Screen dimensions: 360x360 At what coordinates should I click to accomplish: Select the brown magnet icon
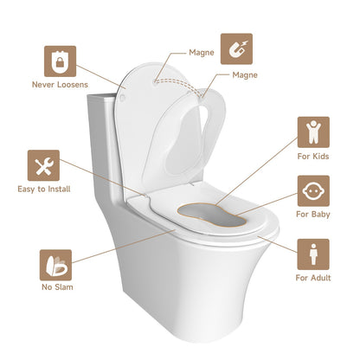(236, 49)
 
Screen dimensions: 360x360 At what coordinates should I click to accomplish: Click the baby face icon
(312, 190)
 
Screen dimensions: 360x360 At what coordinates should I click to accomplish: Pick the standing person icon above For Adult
(312, 255)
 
